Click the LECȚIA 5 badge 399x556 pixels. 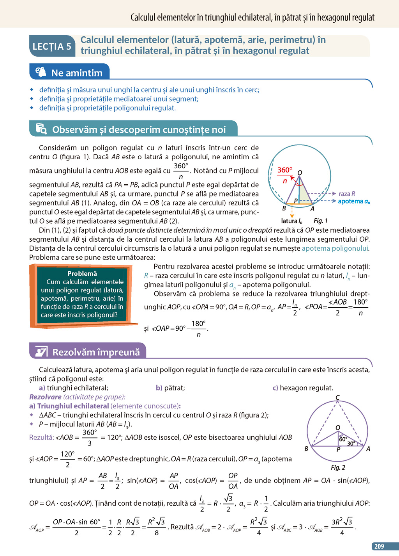coord(52,46)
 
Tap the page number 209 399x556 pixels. coord(379,546)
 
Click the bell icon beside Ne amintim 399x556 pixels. coord(41,72)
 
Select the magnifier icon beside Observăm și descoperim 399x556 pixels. coord(41,128)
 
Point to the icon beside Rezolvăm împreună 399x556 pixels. coord(41,351)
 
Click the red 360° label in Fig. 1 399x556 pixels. coord(285,170)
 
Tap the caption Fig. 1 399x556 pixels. coord(321,221)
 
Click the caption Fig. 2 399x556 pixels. coord(338,467)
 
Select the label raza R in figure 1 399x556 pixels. coord(347,194)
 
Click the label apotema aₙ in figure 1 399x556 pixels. coord(354,201)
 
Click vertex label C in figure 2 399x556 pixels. coord(337,397)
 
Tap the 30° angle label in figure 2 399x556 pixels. coord(351,443)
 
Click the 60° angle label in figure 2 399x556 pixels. coord(343,439)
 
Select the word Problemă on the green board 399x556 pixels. coord(82,273)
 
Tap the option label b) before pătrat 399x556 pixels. coord(159,388)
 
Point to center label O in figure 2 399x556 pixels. coord(338,428)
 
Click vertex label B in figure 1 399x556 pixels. coord(284,208)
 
